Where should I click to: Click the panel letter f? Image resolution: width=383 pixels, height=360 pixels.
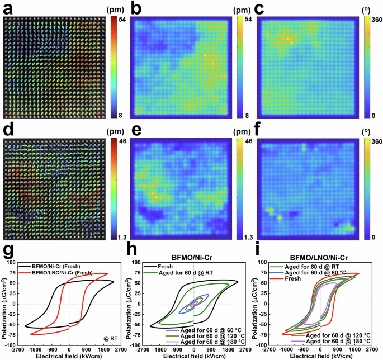point(257,134)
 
